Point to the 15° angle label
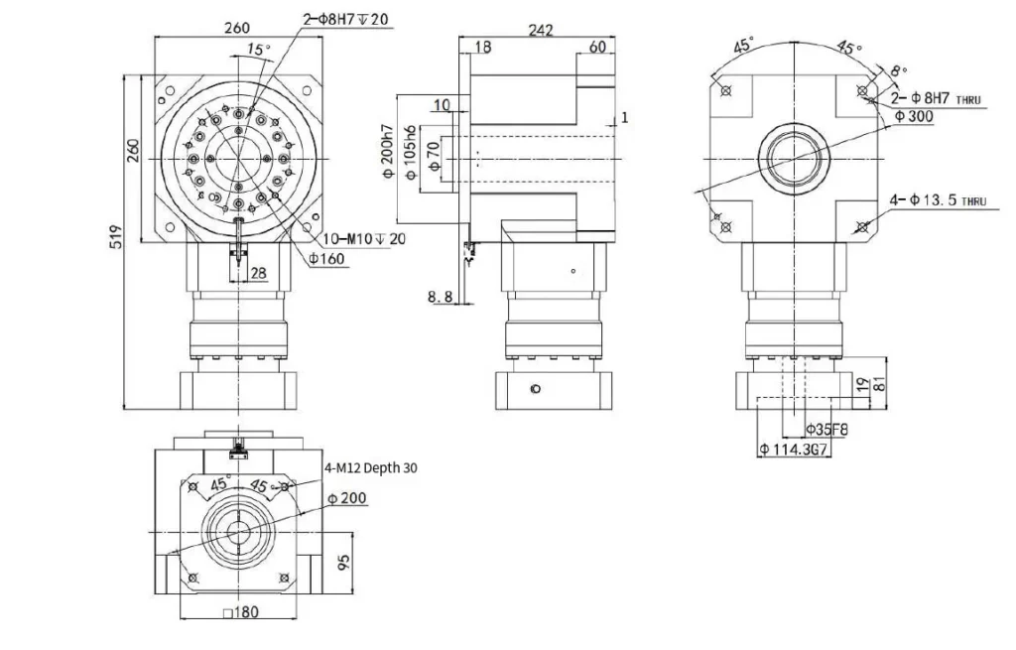pos(258,49)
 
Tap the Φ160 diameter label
pos(326,259)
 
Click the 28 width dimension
pos(258,273)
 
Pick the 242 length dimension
pos(541,31)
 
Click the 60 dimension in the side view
pos(598,47)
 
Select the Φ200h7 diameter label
pos(387,159)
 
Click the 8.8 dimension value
pos(441,296)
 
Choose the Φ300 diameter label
pos(913,116)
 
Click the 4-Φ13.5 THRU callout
pos(938,200)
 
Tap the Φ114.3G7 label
pos(794,450)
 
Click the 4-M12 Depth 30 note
pos(374,468)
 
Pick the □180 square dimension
pos(241,612)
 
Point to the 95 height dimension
pos(343,563)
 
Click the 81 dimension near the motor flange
pos(879,384)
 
